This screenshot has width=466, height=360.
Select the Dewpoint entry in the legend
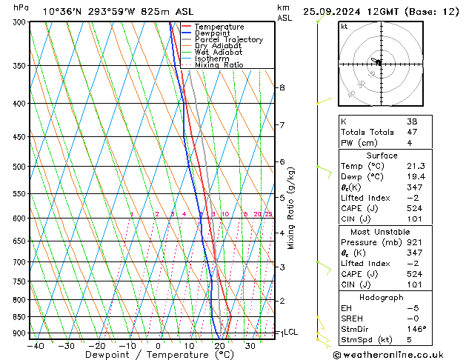(212, 33)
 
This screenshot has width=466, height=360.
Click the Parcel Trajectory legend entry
(228, 40)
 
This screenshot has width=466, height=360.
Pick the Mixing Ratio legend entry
(219, 65)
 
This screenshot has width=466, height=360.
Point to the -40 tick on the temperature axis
(34, 345)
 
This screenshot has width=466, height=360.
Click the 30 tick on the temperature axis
(251, 345)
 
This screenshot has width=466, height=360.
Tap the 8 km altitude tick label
(282, 87)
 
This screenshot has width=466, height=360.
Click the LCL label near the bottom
(290, 333)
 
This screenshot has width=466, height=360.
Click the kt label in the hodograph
(344, 26)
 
